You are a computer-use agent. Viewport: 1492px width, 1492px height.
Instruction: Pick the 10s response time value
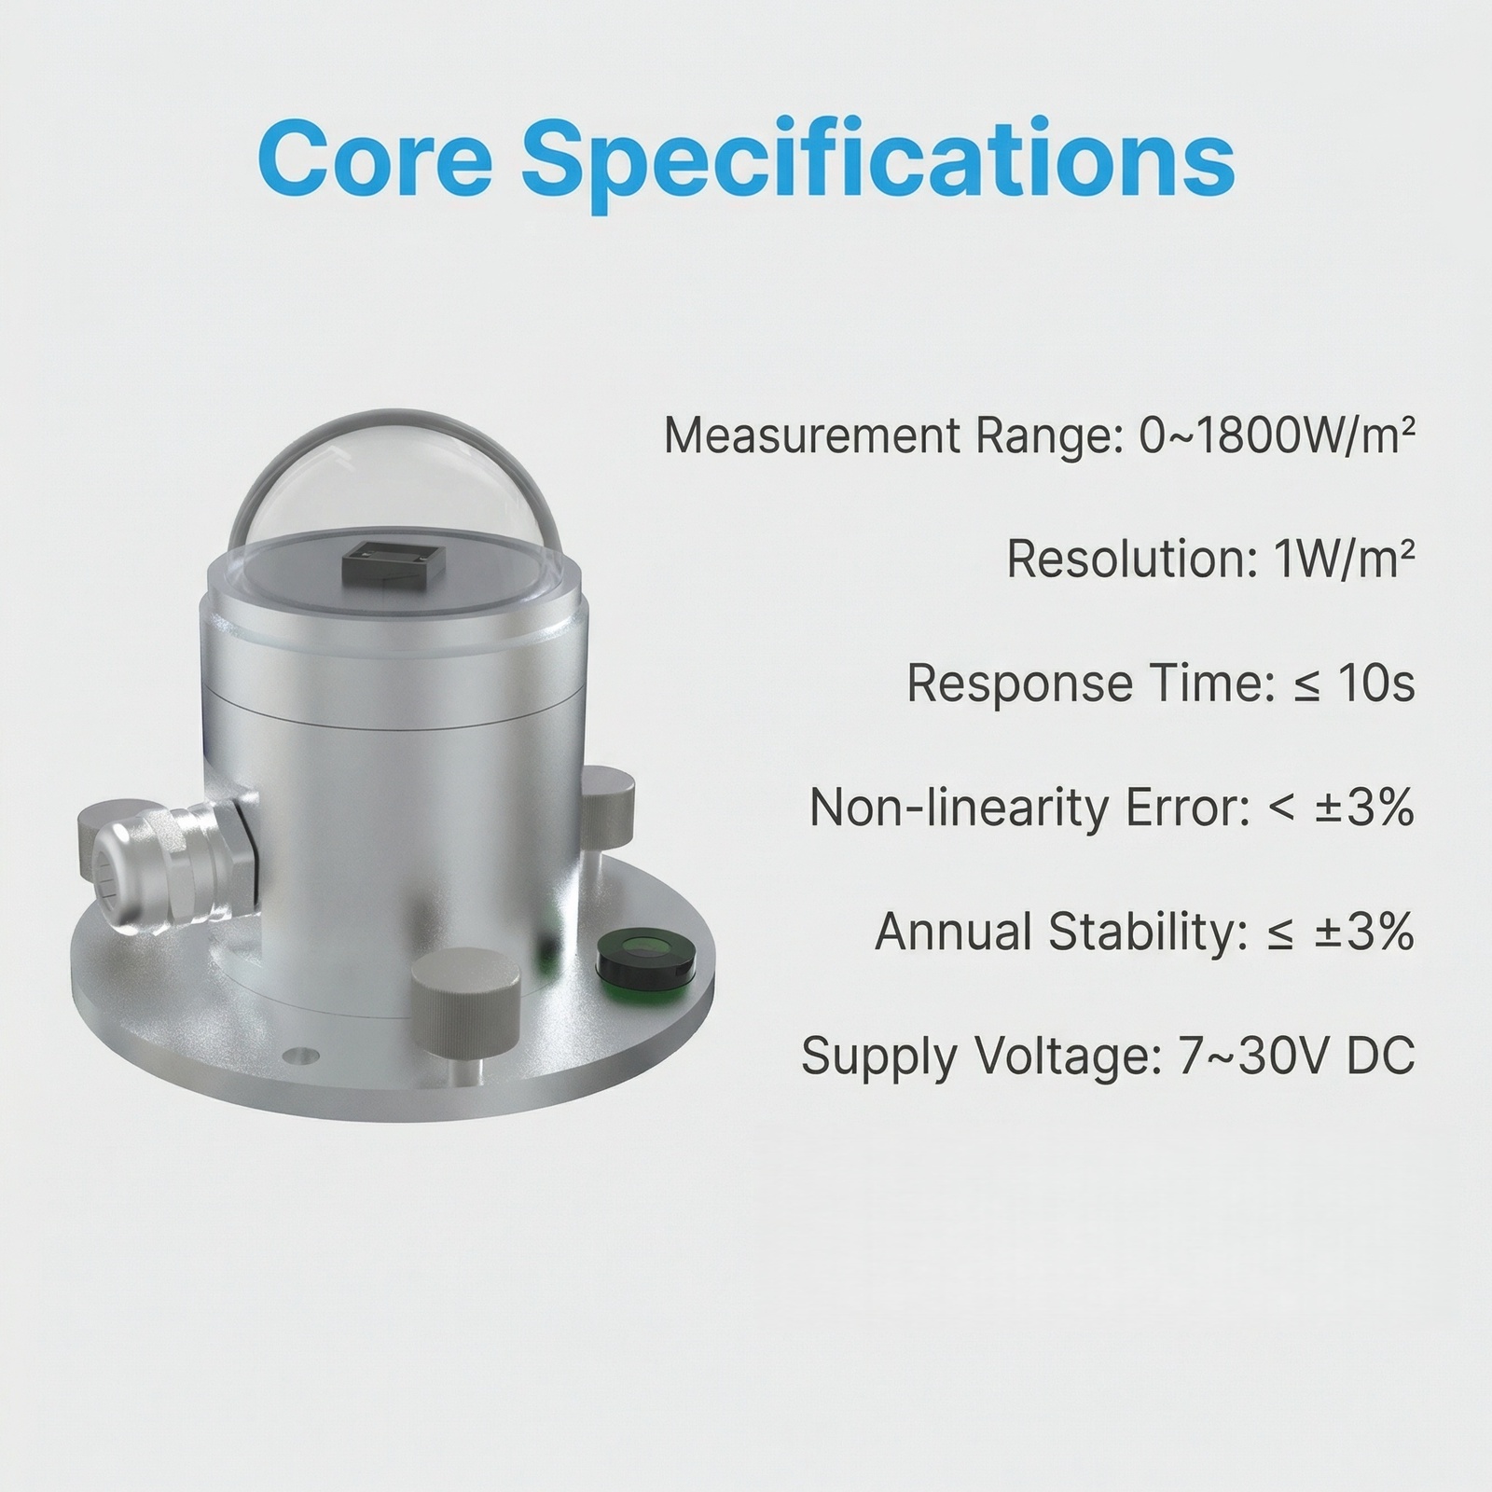pos(1376,684)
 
